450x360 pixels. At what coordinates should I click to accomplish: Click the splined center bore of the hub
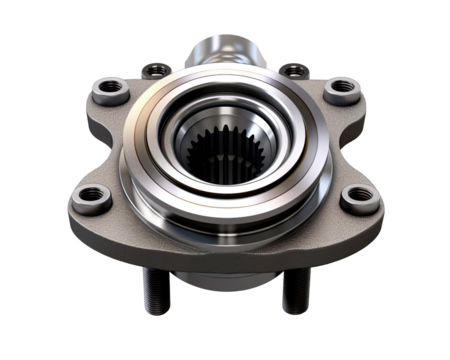[224, 161]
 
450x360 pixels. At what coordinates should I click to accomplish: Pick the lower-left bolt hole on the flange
[92, 195]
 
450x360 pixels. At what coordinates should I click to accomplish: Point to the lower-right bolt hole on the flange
[357, 200]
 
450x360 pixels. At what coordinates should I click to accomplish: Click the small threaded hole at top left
[154, 70]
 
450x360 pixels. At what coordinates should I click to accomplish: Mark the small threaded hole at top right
[293, 70]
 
